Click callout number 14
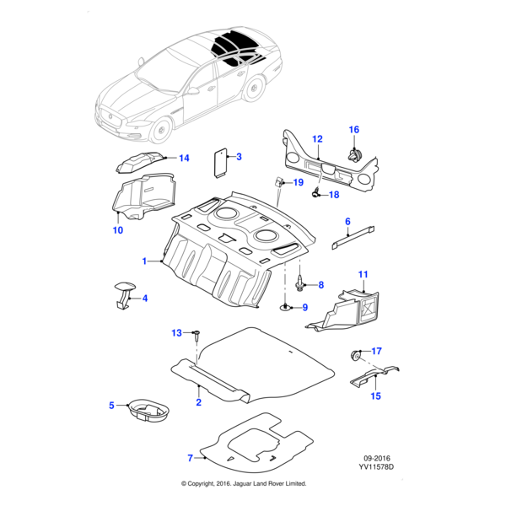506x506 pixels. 184,158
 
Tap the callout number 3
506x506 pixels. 239,157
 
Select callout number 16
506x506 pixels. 354,129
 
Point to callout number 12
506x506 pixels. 318,138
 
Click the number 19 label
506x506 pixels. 298,183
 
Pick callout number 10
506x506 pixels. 118,229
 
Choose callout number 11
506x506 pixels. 363,274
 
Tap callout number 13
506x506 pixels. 177,333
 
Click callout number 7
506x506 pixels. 191,458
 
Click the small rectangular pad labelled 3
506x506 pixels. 221,160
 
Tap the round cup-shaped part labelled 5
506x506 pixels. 147,412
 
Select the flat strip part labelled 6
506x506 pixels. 353,234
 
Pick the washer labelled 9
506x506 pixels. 288,307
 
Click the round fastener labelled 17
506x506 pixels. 356,353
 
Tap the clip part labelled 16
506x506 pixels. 354,154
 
